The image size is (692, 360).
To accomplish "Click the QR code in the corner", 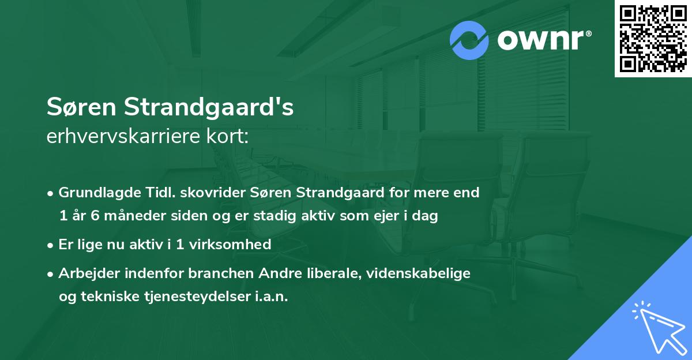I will pyautogui.click(x=653, y=39).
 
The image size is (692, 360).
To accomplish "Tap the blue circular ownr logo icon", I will pyautogui.click(x=469, y=40).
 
